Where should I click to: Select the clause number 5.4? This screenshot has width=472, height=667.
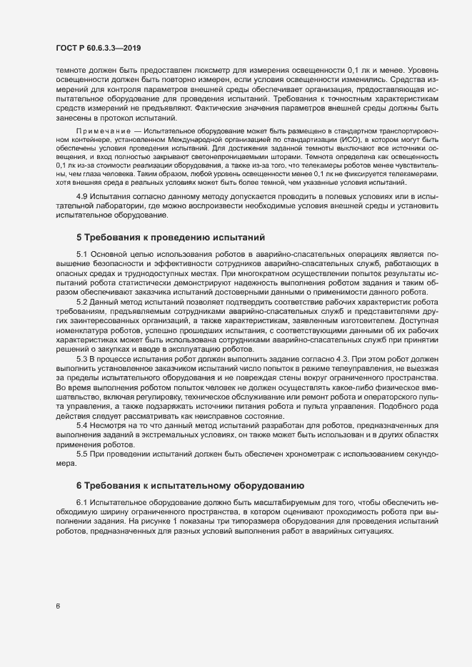pos(81,425)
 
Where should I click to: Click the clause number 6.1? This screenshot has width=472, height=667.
pos(81,504)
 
